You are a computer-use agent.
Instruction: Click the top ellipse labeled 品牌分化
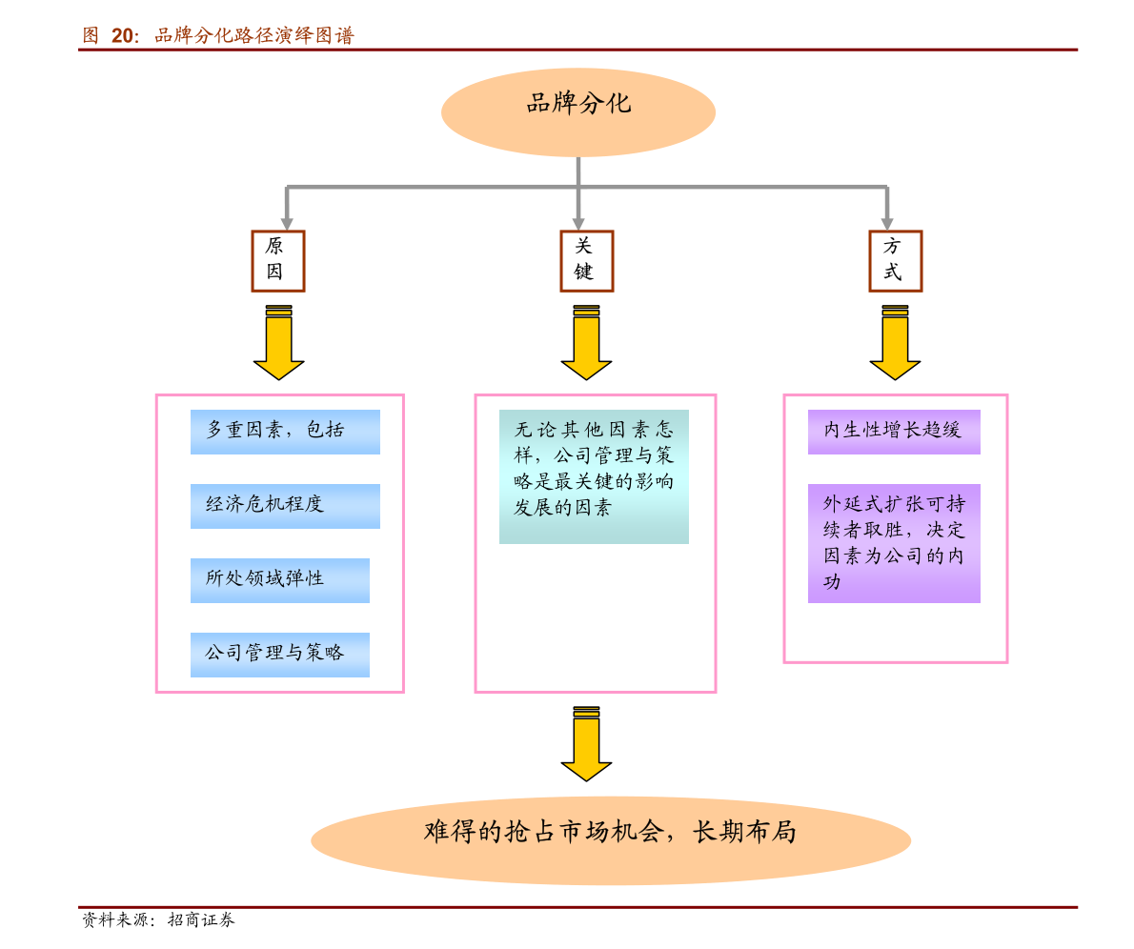[578, 111]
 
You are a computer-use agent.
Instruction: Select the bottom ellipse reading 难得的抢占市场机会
[611, 839]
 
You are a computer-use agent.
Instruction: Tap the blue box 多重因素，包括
[285, 432]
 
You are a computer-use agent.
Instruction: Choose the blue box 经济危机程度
[285, 506]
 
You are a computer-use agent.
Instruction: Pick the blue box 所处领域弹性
[279, 580]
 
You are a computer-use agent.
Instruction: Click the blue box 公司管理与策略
[279, 655]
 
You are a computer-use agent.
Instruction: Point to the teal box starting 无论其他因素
[594, 476]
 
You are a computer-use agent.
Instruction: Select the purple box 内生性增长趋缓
[894, 432]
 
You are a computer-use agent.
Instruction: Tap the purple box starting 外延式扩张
[894, 543]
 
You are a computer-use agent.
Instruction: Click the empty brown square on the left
[278, 261]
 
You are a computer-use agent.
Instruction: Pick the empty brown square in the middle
[587, 261]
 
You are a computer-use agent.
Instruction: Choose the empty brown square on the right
[896, 261]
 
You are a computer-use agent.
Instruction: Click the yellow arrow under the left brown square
[278, 344]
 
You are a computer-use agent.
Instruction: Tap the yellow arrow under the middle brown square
[586, 344]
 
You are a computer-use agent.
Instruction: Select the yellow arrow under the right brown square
[895, 344]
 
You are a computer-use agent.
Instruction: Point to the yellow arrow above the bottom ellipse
[586, 745]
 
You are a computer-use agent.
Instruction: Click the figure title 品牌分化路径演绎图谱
[253, 36]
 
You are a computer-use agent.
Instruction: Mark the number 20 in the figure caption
[124, 36]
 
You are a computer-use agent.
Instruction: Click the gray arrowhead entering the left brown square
[287, 223]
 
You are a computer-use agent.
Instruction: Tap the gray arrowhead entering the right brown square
[887, 223]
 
